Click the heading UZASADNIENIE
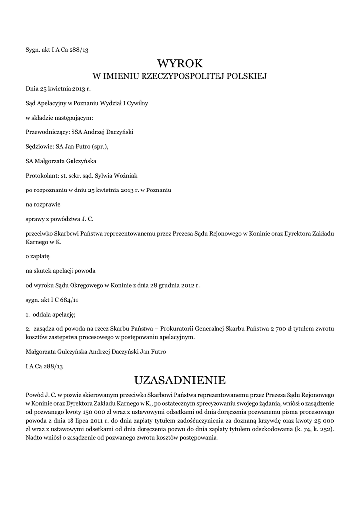180,381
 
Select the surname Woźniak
130,175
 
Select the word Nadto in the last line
34,438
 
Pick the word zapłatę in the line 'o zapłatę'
41,257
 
